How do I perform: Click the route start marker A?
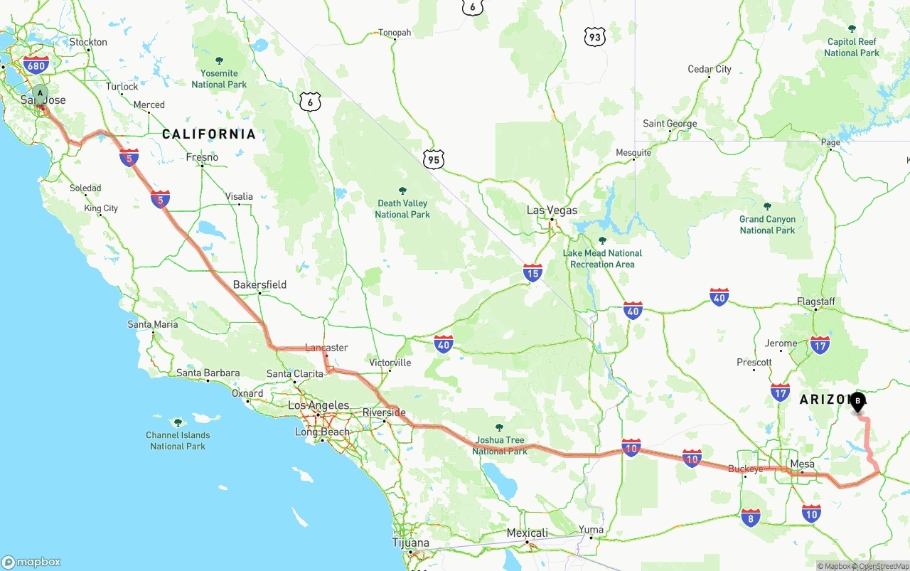[x=41, y=93]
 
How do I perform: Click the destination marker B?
[x=858, y=402]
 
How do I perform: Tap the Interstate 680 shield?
[x=36, y=65]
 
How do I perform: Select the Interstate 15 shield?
[x=532, y=272]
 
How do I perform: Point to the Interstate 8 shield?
[x=750, y=518]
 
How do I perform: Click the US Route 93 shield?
[x=594, y=37]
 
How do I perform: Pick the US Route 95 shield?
[x=434, y=159]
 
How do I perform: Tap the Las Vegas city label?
[x=552, y=210]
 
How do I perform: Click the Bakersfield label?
[x=259, y=284]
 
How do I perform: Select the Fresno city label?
[x=202, y=157]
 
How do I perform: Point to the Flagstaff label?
[x=815, y=301]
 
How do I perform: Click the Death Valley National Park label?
[x=402, y=208]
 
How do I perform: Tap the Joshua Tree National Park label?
[x=500, y=445]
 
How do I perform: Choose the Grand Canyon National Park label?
[x=767, y=224]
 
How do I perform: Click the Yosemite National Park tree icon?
[x=219, y=60]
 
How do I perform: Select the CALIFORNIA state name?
[x=208, y=134]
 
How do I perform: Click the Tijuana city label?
[x=411, y=543]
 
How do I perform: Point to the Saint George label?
[x=670, y=124]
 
